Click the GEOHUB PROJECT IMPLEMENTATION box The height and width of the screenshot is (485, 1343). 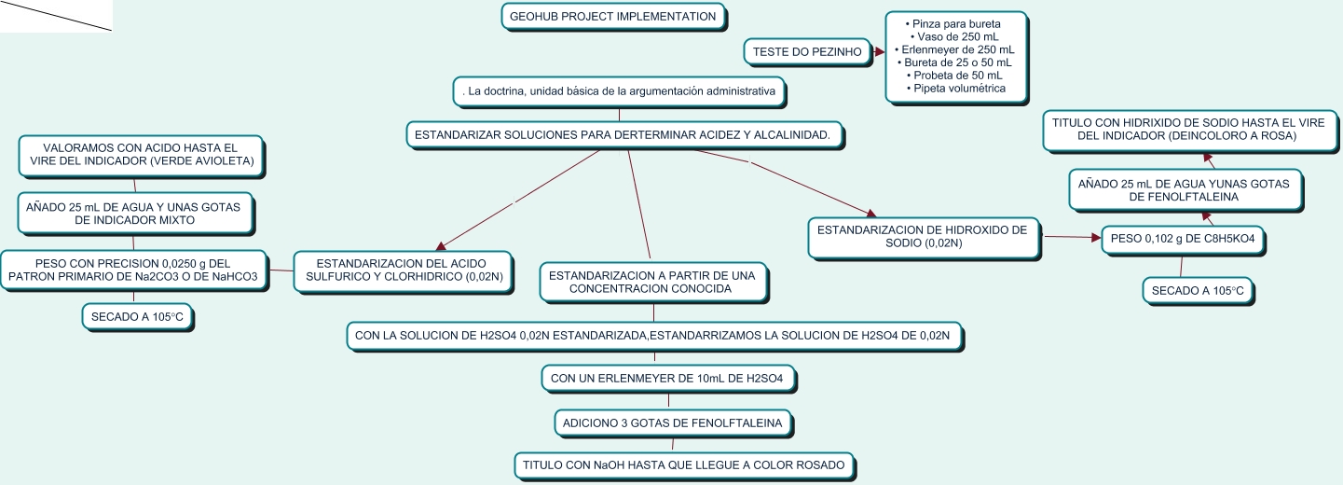tap(613, 17)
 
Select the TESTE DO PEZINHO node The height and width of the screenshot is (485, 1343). tap(808, 52)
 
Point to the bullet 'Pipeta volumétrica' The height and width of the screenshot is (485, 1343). tap(956, 89)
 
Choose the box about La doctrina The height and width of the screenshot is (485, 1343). tap(620, 91)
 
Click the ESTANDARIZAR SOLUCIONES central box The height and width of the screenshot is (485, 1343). tap(624, 135)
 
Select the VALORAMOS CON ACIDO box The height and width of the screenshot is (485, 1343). tap(142, 156)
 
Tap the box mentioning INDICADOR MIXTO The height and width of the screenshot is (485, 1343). tap(135, 214)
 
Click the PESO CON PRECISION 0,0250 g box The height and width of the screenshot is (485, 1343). tap(133, 270)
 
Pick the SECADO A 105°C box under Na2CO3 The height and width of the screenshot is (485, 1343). tap(137, 317)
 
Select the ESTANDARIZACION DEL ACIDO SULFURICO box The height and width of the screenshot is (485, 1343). tap(404, 270)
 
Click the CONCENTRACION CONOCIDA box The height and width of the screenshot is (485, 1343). tap(653, 283)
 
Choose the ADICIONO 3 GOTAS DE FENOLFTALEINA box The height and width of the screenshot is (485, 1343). tap(673, 423)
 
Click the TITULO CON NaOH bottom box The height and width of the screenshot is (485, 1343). tap(684, 465)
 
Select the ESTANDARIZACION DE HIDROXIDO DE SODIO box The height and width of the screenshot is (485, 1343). tap(924, 237)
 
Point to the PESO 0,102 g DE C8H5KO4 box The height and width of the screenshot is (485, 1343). tap(1183, 240)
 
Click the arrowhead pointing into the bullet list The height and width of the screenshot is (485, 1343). tap(880, 52)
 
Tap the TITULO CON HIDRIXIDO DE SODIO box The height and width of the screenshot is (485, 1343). tap(1189, 130)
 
